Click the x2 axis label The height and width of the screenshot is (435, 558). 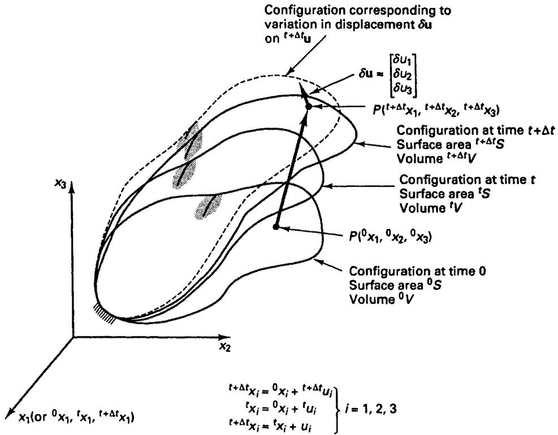pyautogui.click(x=224, y=346)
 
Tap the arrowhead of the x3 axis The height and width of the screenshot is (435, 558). pyautogui.click(x=72, y=186)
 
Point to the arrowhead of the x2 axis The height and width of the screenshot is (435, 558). pyautogui.click(x=224, y=337)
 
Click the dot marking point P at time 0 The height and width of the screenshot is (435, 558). pyautogui.click(x=275, y=227)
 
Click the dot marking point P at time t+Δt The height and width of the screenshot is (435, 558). pyautogui.click(x=309, y=106)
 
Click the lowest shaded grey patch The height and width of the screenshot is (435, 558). pyautogui.click(x=209, y=207)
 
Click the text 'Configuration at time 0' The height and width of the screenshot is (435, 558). pyautogui.click(x=417, y=271)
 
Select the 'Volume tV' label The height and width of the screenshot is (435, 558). pyautogui.click(x=431, y=208)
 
